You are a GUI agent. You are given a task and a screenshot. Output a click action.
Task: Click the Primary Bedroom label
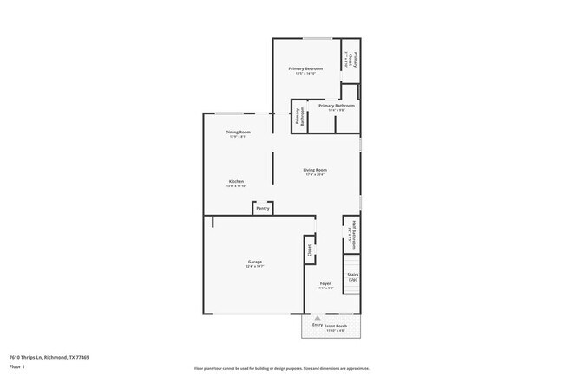click(305, 68)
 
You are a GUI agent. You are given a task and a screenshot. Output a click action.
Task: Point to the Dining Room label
click(239, 132)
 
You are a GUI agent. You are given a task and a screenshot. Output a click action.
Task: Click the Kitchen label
click(236, 181)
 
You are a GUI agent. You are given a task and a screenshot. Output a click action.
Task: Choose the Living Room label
click(315, 169)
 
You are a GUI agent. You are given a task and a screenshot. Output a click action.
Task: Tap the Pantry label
click(263, 208)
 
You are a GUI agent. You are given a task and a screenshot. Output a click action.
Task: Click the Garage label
click(254, 261)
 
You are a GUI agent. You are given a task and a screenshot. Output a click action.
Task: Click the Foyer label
click(325, 283)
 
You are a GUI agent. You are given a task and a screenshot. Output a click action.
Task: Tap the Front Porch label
click(335, 326)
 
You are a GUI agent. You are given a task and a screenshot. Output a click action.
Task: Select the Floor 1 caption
click(17, 366)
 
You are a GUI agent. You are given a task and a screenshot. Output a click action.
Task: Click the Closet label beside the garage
click(309, 250)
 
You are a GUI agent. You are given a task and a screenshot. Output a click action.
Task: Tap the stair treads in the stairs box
click(352, 263)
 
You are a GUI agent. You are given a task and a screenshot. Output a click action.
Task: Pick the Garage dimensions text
click(254, 266)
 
